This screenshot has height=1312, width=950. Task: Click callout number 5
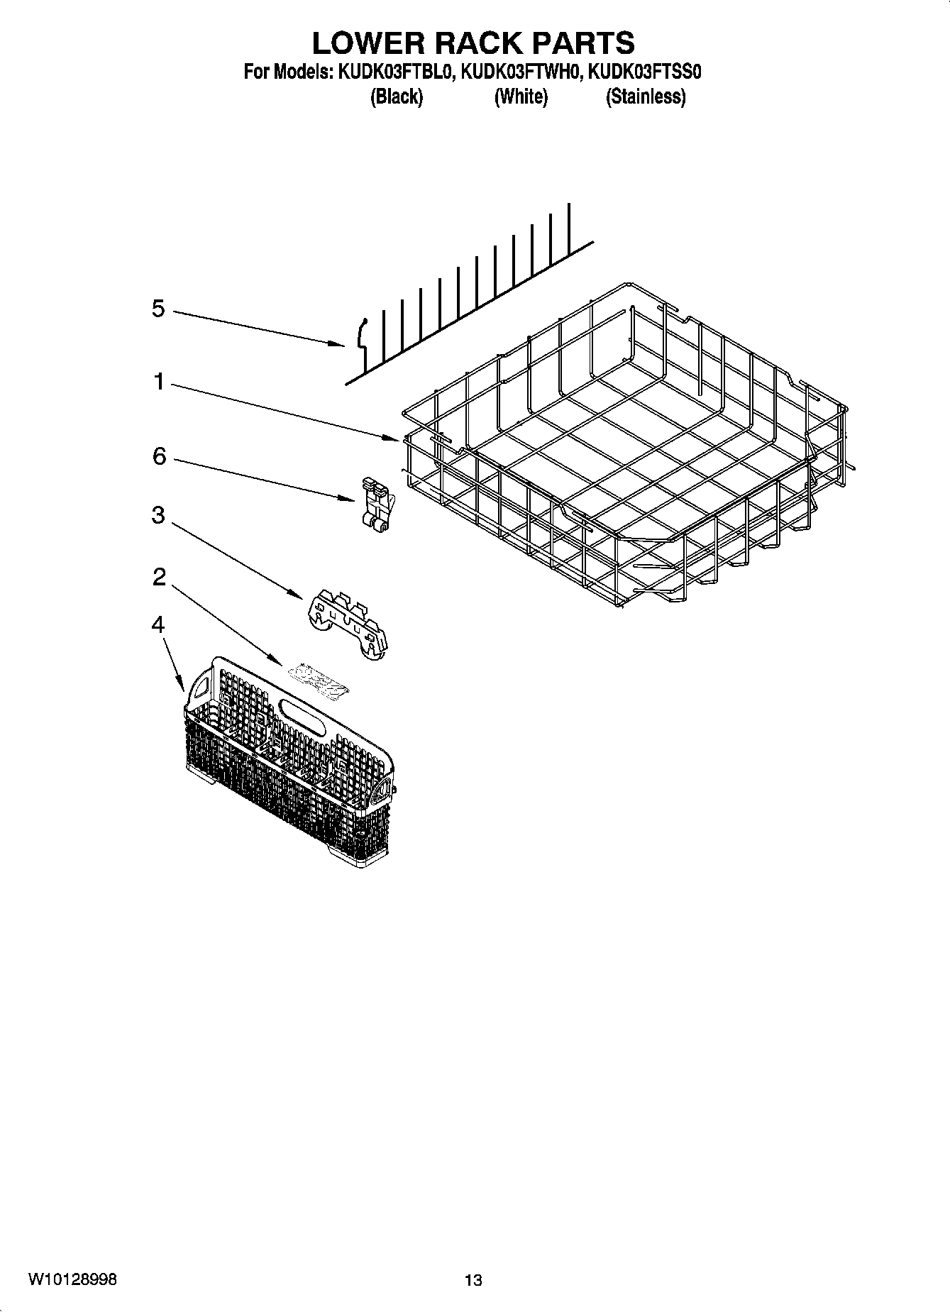point(158,309)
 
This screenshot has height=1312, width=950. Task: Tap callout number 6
point(159,456)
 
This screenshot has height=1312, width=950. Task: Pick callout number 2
point(159,577)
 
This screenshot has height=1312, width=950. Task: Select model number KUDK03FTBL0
point(396,72)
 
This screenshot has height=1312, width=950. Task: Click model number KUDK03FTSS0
point(645,72)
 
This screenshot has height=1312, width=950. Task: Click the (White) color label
point(521,97)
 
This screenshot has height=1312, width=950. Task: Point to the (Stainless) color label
point(645,97)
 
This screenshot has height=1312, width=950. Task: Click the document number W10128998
point(72,1279)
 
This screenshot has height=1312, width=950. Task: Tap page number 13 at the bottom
point(473,1281)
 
